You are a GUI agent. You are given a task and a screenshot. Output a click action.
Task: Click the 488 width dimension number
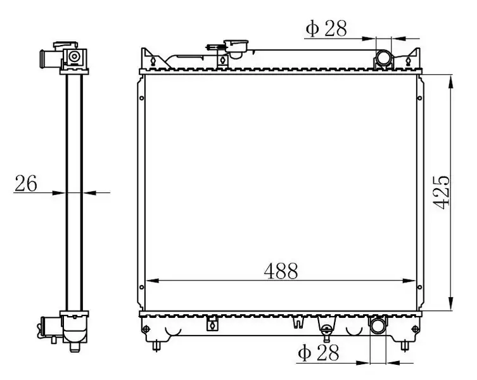click(281, 271)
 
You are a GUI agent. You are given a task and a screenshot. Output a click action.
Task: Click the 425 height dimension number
click(441, 193)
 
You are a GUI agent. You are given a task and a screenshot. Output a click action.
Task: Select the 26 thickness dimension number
click(26, 183)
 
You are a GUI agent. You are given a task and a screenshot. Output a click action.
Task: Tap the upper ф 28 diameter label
click(326, 28)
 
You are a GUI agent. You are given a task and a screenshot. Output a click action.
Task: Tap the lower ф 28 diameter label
click(318, 353)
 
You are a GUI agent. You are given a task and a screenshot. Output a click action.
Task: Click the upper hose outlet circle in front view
click(383, 58)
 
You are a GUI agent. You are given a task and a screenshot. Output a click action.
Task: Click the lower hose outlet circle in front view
click(378, 326)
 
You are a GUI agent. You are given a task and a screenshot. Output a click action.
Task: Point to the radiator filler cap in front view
click(236, 47)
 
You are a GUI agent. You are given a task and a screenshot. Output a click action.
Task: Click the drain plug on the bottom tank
click(326, 332)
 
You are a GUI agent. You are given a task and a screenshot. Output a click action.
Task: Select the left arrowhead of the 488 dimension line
click(152, 281)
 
